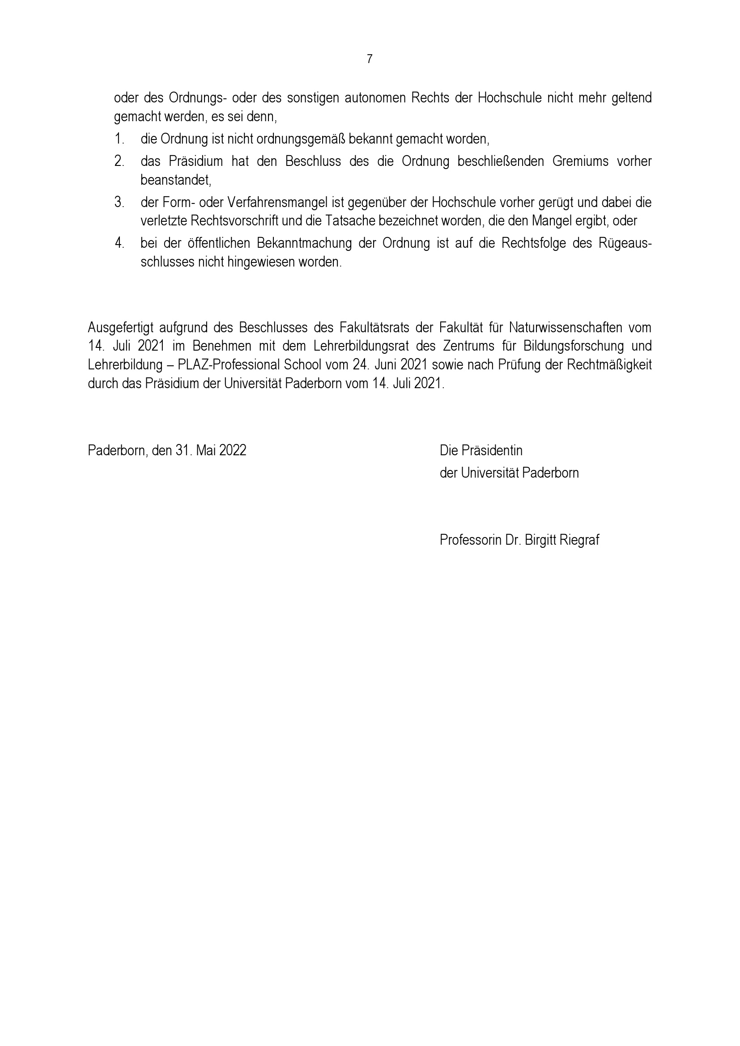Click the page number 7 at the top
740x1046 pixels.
(x=370, y=59)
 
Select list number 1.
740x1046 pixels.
(x=119, y=139)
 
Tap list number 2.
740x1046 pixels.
(x=119, y=161)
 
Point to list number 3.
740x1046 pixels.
(x=119, y=202)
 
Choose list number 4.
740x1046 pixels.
(x=119, y=243)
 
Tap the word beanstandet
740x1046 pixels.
(x=176, y=180)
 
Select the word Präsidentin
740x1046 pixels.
(x=492, y=451)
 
